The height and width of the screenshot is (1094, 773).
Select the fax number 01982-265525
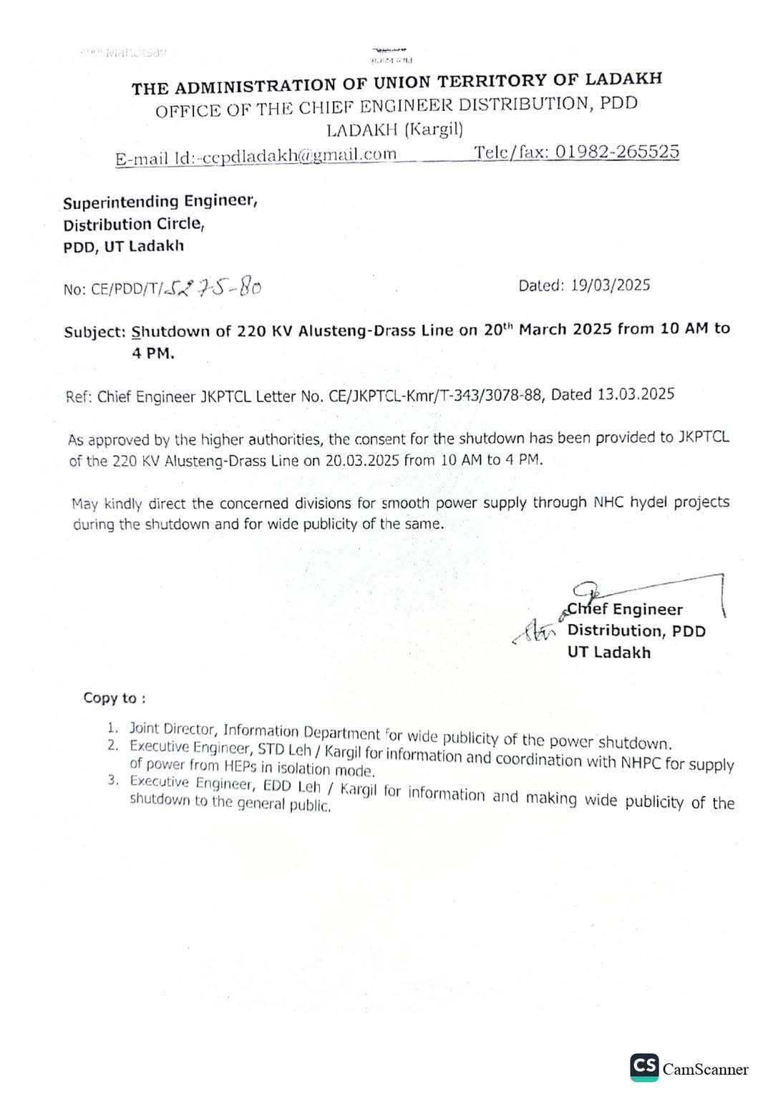point(617,152)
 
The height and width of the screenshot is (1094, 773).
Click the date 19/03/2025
point(611,285)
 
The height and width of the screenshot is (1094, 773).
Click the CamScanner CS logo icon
point(644,1066)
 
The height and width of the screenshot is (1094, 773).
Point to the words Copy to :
point(115,698)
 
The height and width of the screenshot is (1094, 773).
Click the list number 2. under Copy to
point(113,746)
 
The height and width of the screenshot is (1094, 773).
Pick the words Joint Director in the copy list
point(172,729)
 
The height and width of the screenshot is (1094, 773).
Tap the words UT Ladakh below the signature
point(609,653)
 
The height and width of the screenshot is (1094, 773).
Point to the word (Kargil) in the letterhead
point(434,130)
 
